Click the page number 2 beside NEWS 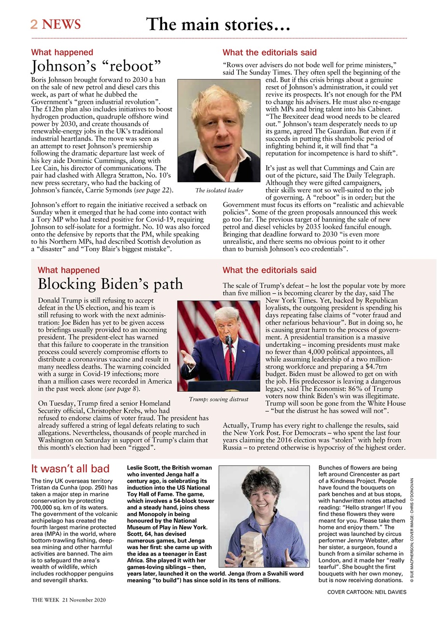pyautogui.click(x=34, y=25)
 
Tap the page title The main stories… pyautogui.click(x=218, y=24)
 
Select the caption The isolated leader pyautogui.click(x=219, y=191)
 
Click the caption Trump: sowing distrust pyautogui.click(x=219, y=399)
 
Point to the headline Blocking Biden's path pyautogui.click(x=110, y=283)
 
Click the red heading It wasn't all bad pyautogui.click(x=70, y=469)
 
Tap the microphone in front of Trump pyautogui.click(x=228, y=341)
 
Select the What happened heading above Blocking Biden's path pyautogui.click(x=69, y=270)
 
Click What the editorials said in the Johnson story pyautogui.click(x=269, y=52)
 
